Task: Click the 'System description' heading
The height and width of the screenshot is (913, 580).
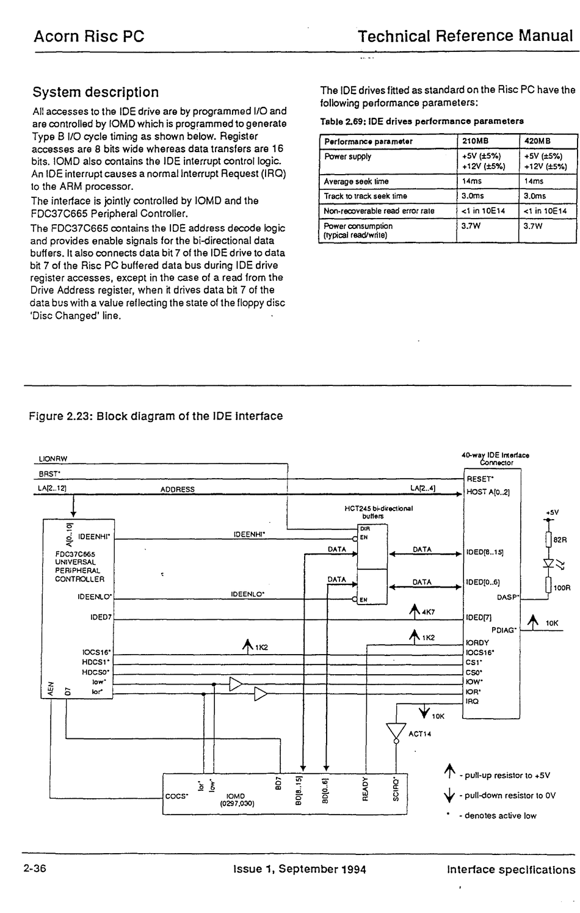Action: point(96,92)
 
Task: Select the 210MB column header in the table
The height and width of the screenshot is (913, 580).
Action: point(475,141)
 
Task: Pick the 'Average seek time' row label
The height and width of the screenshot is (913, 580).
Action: point(356,181)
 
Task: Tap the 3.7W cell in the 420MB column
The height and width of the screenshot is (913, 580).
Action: point(533,226)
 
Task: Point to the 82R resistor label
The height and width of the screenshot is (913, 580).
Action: point(560,540)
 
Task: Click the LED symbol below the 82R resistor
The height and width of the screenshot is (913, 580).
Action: point(549,563)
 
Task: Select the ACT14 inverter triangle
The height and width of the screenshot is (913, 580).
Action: point(396,732)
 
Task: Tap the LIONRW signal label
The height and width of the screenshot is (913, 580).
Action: point(53,459)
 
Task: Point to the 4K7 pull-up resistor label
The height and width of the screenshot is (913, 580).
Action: point(429,612)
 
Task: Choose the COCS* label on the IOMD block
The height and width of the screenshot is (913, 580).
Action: point(176,796)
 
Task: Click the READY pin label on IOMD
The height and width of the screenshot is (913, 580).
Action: point(365,788)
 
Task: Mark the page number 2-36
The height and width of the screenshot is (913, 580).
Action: point(35,868)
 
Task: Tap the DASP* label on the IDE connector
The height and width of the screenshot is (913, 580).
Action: point(508,597)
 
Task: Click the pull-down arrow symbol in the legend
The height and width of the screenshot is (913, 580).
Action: point(449,795)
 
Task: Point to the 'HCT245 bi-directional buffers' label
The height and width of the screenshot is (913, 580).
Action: point(379,512)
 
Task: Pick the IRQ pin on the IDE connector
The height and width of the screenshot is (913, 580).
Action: point(473,702)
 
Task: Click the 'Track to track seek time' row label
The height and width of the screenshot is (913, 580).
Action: point(365,196)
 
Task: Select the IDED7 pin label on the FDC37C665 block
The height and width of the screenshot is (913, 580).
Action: point(101,617)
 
